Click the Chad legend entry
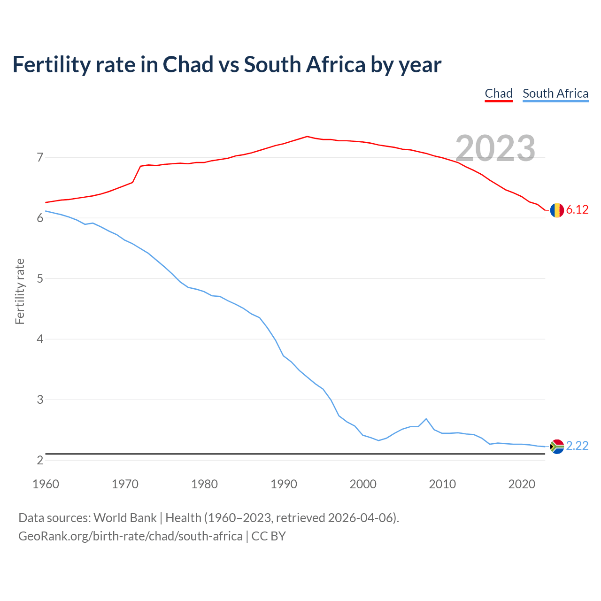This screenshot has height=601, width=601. (x=499, y=93)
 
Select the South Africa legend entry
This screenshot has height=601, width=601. (x=555, y=93)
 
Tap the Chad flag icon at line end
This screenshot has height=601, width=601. (x=557, y=210)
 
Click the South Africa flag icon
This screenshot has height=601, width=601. (x=557, y=446)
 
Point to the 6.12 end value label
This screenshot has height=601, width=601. (x=577, y=210)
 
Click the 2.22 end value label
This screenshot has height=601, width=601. (x=577, y=446)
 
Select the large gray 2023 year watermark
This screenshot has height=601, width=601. (x=495, y=148)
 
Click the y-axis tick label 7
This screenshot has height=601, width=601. (x=40, y=157)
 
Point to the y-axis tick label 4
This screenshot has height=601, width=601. (x=40, y=339)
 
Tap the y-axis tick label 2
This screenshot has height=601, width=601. (x=40, y=460)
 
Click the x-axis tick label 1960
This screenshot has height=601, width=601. (x=46, y=484)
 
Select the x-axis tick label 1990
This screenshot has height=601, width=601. (x=284, y=484)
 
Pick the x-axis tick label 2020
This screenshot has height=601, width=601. (x=522, y=484)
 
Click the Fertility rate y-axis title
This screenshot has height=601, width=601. (x=20, y=291)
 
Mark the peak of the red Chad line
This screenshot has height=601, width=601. (x=307, y=137)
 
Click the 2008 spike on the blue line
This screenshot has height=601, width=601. (x=426, y=419)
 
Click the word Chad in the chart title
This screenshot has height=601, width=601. (x=188, y=64)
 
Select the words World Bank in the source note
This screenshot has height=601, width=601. (x=125, y=517)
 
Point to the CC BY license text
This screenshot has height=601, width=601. (x=269, y=536)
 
